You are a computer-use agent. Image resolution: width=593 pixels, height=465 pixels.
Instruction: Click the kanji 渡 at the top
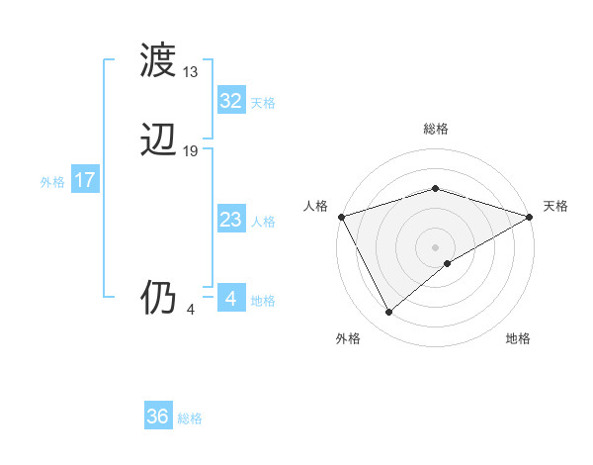click(x=159, y=61)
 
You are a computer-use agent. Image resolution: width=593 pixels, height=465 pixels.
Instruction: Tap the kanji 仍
click(x=159, y=297)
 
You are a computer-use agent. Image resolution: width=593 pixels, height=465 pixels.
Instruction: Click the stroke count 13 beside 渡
click(x=191, y=72)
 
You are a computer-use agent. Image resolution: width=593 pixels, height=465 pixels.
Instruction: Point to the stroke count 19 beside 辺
click(x=191, y=151)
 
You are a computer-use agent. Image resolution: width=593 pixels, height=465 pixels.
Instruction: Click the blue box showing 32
click(x=230, y=101)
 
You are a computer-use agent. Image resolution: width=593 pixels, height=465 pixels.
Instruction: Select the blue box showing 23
click(x=230, y=220)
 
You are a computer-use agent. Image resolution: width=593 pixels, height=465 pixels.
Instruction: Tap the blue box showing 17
click(x=85, y=180)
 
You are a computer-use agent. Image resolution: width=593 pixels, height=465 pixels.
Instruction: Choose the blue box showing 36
click(x=157, y=417)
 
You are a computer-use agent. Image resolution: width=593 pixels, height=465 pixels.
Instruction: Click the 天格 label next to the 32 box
click(x=263, y=103)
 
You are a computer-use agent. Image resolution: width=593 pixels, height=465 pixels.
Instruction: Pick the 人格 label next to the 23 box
click(x=263, y=222)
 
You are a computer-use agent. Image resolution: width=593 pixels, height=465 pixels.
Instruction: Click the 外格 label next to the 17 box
click(x=52, y=182)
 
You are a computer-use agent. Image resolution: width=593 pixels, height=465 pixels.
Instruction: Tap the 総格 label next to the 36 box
click(x=190, y=418)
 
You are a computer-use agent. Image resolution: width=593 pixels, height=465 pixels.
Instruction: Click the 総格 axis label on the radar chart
click(x=435, y=129)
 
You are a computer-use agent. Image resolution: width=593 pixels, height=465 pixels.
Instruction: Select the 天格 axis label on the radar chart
click(x=555, y=206)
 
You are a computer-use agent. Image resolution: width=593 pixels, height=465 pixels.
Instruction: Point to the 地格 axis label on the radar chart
click(x=518, y=339)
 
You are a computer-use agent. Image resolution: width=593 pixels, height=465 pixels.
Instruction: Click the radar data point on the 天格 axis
click(x=530, y=216)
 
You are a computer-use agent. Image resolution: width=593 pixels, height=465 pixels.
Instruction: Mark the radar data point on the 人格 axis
click(x=341, y=216)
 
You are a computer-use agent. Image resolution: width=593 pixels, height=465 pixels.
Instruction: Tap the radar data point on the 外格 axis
click(x=388, y=312)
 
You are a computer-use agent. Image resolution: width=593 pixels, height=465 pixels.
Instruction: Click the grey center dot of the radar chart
click(x=435, y=246)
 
